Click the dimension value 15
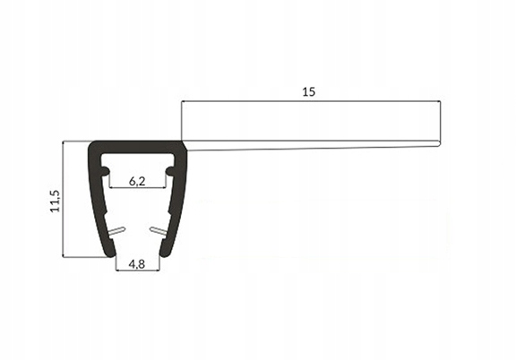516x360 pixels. [310, 91]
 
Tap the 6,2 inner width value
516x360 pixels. [138, 181]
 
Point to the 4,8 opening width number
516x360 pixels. [138, 263]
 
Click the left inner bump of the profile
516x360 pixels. [104, 169]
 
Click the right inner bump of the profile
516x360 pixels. [171, 169]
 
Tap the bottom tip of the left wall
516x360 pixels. [113, 254]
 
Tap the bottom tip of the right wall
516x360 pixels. [163, 254]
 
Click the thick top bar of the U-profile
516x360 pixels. [138, 146]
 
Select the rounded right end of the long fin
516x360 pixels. [437, 142]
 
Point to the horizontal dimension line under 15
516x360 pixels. [310, 101]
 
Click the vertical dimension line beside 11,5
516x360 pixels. [64, 199]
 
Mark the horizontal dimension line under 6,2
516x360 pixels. [138, 188]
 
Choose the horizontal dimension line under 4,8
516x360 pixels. [138, 270]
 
